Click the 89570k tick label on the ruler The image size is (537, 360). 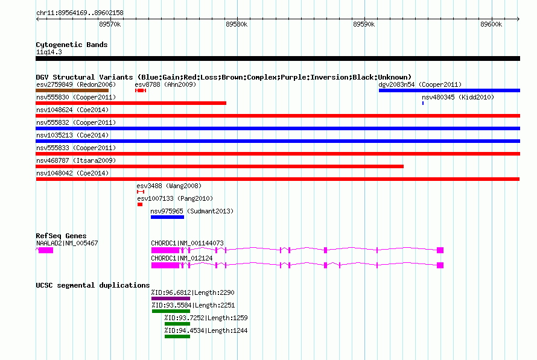(110, 24)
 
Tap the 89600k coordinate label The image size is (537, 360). (491, 24)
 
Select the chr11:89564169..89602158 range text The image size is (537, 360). (80, 13)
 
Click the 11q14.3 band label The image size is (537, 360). (49, 52)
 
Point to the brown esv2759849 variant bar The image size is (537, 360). (72, 90)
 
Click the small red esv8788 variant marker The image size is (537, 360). (141, 90)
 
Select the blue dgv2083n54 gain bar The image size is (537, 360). (450, 90)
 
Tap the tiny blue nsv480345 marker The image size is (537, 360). (423, 103)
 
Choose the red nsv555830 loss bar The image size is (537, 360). (131, 103)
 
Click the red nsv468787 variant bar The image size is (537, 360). (220, 166)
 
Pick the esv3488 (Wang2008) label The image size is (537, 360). (169, 186)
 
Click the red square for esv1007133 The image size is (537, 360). (140, 204)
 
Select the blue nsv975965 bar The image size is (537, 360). (167, 217)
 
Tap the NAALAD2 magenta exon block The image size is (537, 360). (46, 250)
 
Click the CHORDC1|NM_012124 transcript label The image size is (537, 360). (182, 258)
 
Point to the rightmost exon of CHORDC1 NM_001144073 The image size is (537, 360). (440, 250)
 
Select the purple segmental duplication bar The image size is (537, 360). (171, 298)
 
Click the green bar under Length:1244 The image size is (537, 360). (177, 336)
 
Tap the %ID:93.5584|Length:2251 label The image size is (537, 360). (193, 305)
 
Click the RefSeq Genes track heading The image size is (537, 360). (61, 236)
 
